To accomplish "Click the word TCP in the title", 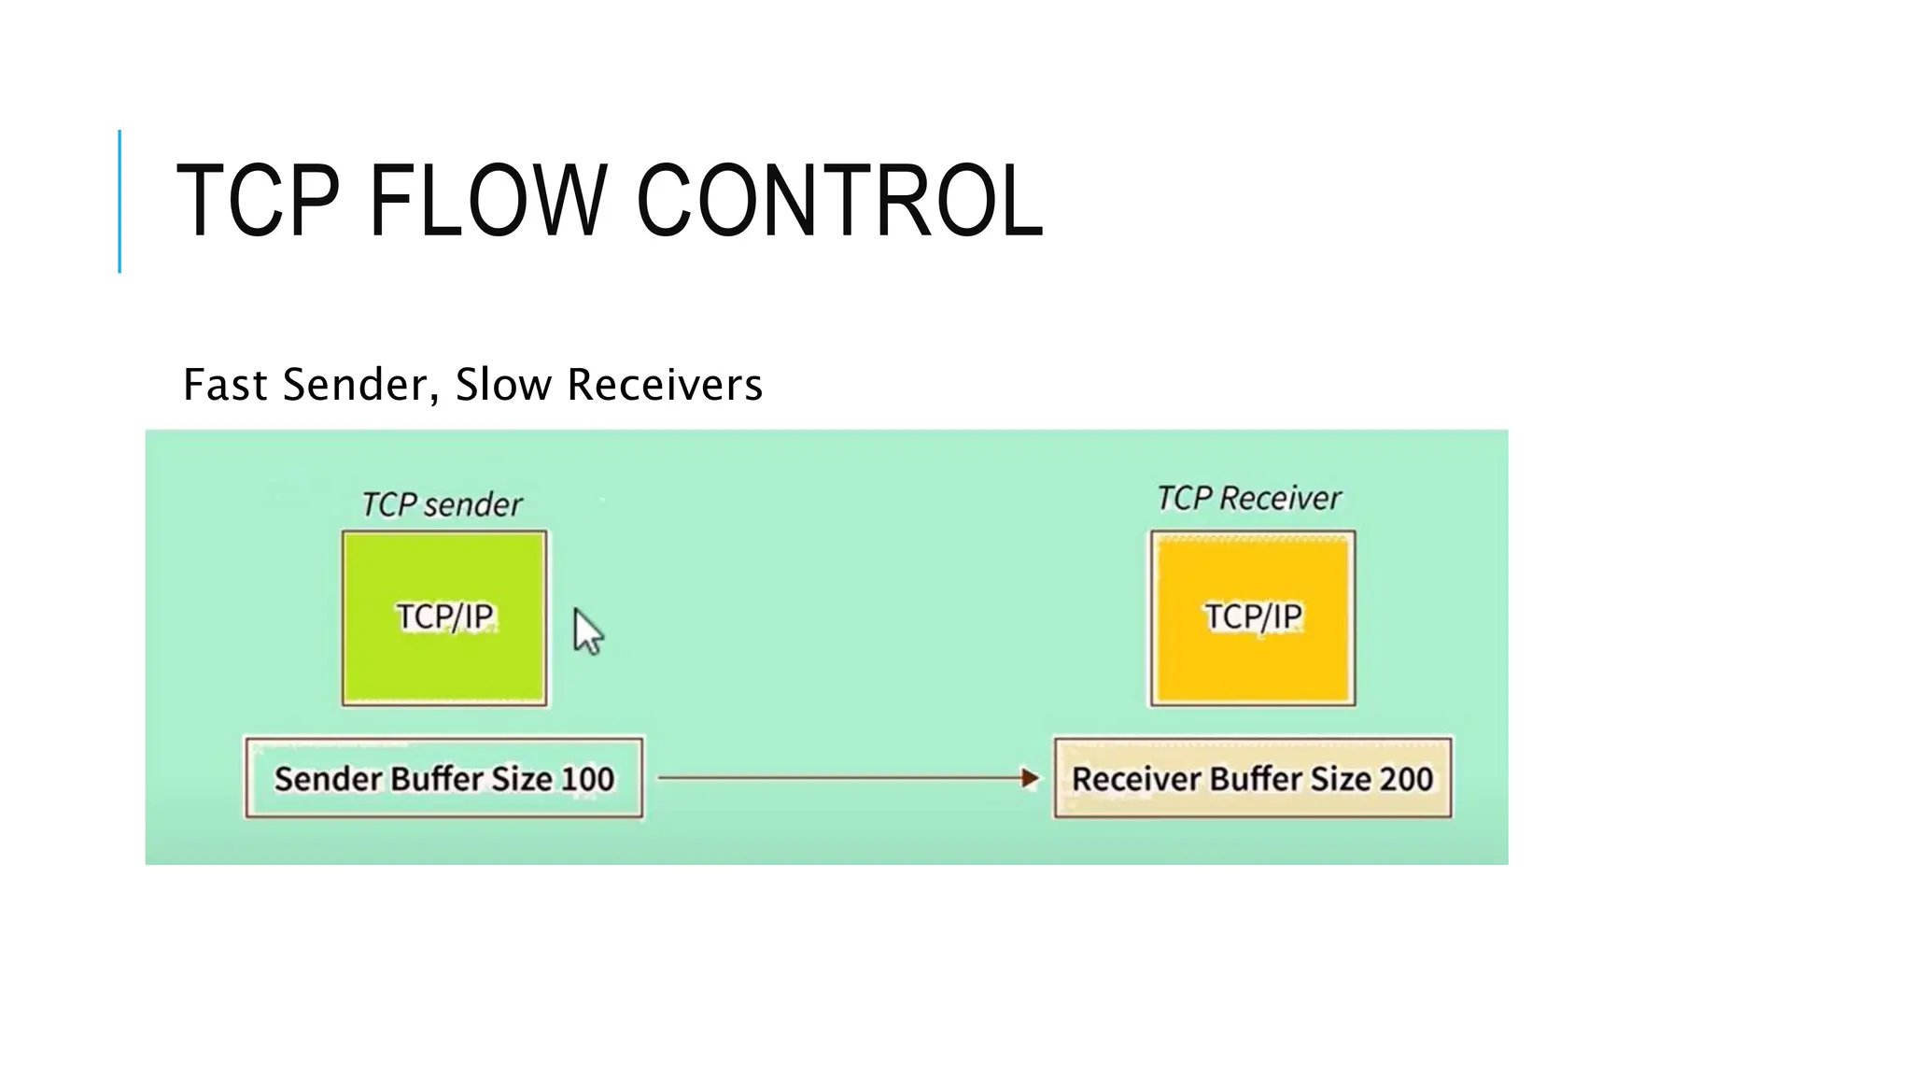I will (257, 201).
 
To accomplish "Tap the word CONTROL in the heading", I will (839, 201).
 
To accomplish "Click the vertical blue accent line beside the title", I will (119, 201).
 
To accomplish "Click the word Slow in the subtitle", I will (502, 385).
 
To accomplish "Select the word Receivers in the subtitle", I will (665, 385).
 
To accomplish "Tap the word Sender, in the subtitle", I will (360, 385).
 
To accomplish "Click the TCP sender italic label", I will (442, 505).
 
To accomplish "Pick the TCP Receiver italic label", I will (1248, 499).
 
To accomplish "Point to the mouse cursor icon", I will (587, 632).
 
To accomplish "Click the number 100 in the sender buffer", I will (587, 779).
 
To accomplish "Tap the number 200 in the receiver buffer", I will (1404, 779).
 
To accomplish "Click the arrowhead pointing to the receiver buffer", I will (1030, 778).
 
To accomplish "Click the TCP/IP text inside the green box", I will (444, 616).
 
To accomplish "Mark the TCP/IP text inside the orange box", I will (1252, 616).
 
